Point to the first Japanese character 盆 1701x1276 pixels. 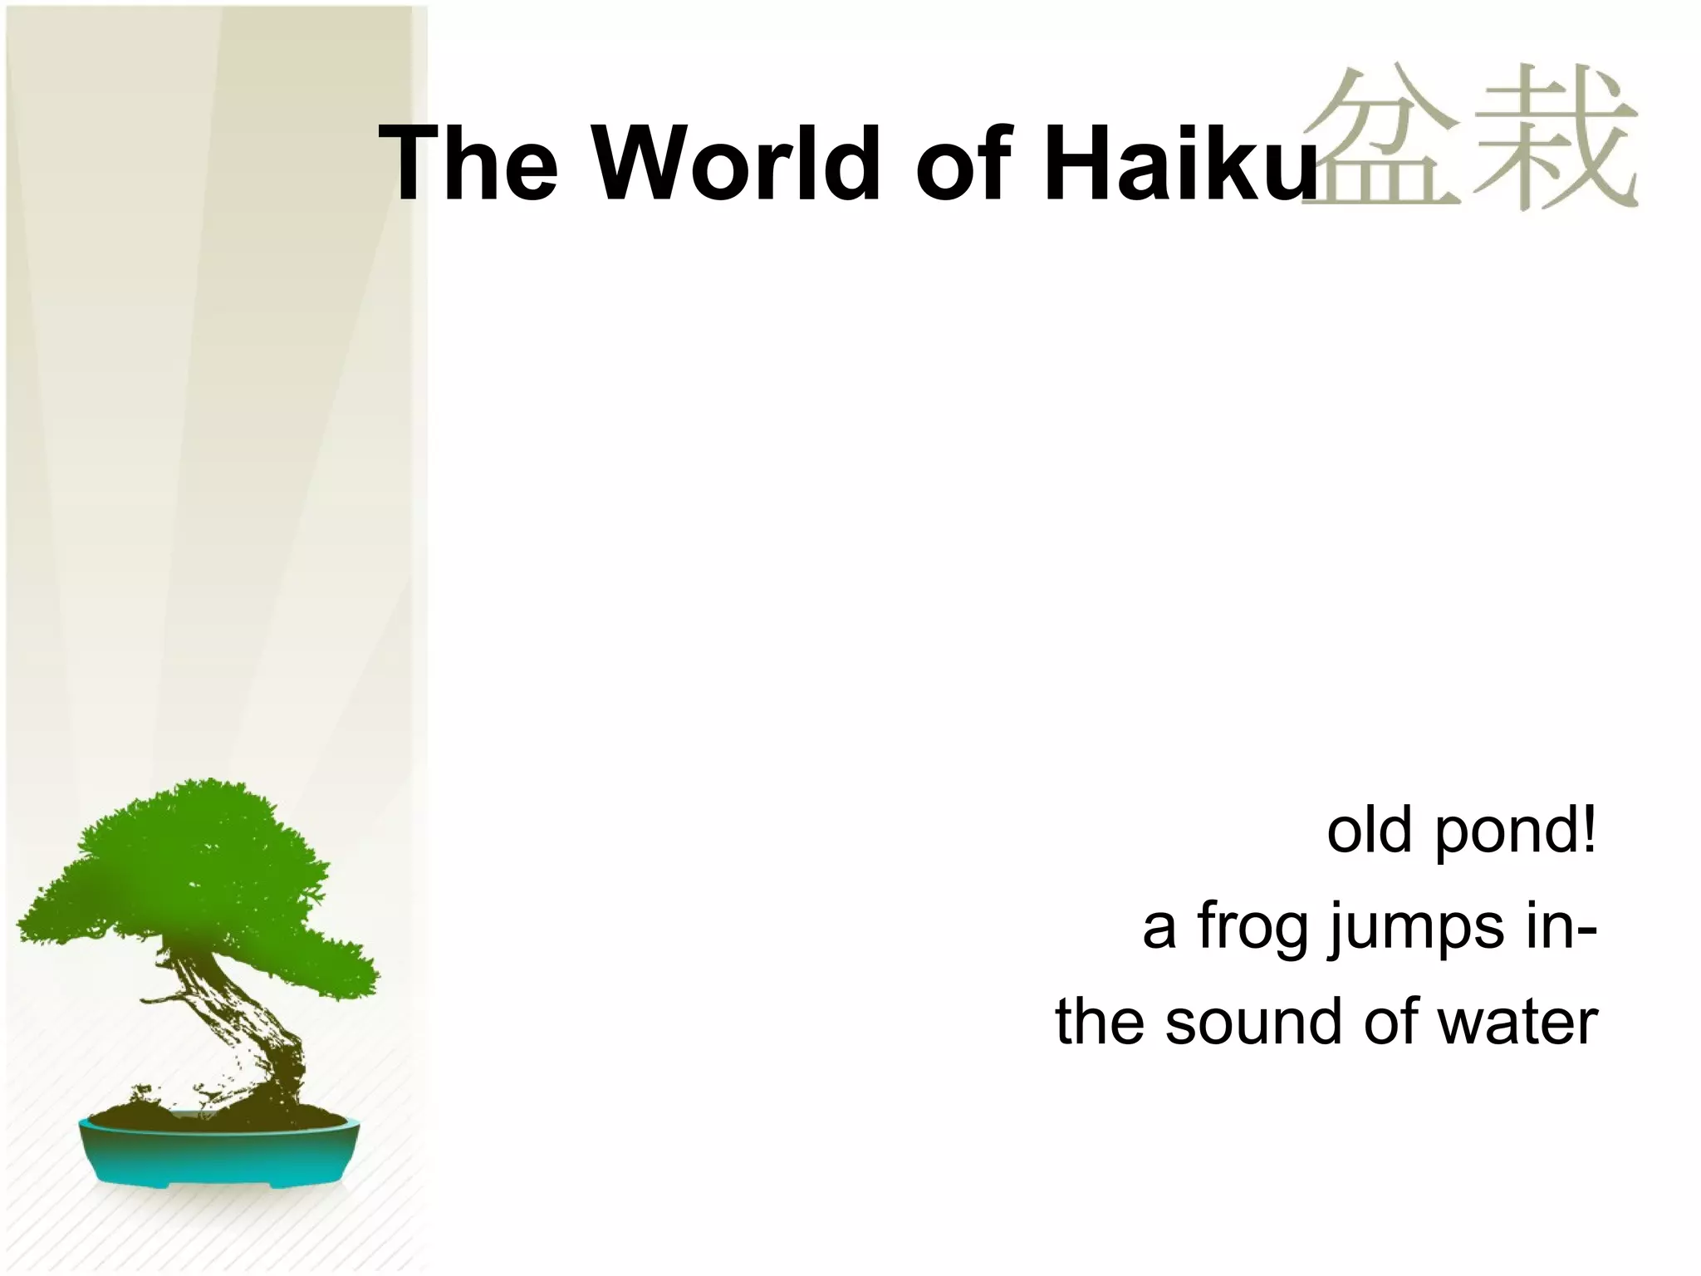[1379, 137]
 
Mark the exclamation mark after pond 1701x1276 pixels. [1588, 830]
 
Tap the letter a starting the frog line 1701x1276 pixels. [1159, 930]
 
